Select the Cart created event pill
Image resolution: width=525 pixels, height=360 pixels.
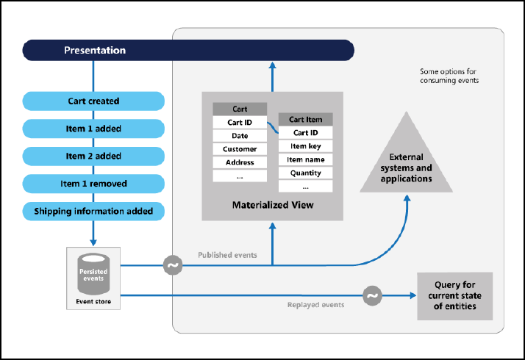tap(93, 101)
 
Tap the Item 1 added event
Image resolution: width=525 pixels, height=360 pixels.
tap(93, 129)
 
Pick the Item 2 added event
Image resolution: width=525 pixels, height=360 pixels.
tap(93, 156)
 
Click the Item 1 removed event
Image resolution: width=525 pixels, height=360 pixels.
tap(93, 183)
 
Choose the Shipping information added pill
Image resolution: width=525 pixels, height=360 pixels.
tap(93, 211)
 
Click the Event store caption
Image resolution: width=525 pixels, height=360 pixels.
tap(93, 301)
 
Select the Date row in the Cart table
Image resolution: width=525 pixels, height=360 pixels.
tap(240, 136)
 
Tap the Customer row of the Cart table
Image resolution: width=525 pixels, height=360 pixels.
tap(240, 149)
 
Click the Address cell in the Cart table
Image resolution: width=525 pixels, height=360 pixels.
tap(240, 162)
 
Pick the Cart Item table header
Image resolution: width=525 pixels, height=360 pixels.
tap(305, 120)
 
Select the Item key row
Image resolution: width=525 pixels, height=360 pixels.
tap(305, 146)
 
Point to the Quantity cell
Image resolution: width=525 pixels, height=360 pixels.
tap(305, 173)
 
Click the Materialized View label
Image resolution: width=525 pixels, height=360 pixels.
tap(273, 205)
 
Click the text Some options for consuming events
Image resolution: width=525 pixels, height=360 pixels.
tap(449, 76)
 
